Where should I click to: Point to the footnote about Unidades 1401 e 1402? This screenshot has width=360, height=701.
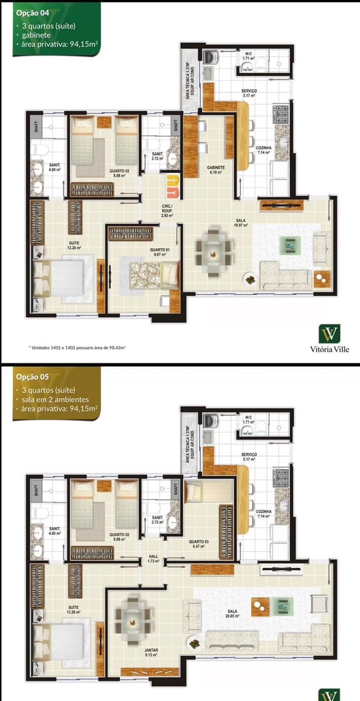tap(77, 347)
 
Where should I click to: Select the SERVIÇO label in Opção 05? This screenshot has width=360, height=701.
tap(249, 456)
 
